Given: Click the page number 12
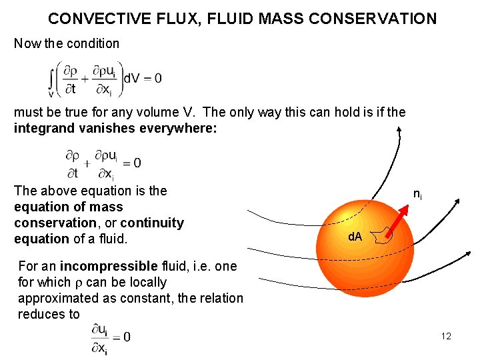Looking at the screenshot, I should [446, 336].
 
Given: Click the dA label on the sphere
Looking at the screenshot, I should [354, 236].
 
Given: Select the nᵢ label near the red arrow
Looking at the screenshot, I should [417, 195].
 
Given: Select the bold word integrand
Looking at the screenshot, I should [42, 127].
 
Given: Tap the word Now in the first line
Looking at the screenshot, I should [27, 43].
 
